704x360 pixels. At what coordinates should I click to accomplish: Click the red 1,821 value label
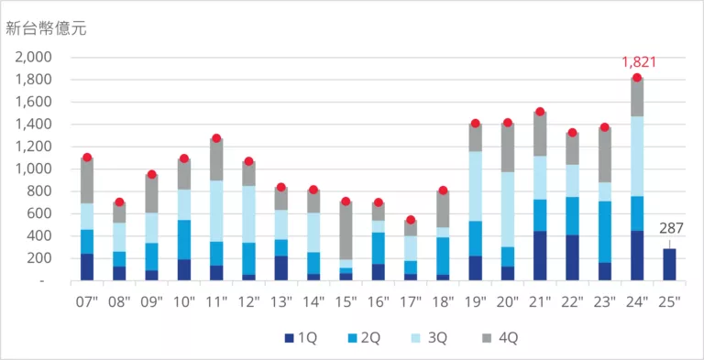point(639,62)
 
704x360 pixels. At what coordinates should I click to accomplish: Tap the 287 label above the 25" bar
point(671,228)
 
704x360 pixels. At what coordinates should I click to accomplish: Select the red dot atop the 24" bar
point(637,78)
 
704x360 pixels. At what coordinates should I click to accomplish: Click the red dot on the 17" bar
point(411,220)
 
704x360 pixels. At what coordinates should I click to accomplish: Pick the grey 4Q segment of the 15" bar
point(346,231)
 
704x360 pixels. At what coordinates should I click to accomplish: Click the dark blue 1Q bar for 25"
point(669,265)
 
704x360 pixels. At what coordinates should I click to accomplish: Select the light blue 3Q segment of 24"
point(637,157)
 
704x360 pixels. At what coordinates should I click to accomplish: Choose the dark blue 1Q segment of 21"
point(540,256)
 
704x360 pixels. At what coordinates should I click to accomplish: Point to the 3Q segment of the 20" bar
point(507,210)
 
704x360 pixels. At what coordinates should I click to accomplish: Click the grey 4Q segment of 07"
point(87,180)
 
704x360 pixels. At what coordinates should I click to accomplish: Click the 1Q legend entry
point(302,337)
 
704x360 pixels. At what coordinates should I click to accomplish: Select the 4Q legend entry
point(502,337)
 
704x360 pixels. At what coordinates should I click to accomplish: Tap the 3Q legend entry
point(431,337)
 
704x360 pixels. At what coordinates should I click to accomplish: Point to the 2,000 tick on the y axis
point(34,58)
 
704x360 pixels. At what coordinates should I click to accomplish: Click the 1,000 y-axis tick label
point(34,169)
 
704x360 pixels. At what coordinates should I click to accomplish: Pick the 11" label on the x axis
point(216,302)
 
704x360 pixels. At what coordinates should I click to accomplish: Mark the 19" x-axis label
point(475,302)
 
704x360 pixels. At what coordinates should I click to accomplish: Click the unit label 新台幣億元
point(46,28)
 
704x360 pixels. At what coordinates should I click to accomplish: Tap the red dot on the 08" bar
point(119,202)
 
